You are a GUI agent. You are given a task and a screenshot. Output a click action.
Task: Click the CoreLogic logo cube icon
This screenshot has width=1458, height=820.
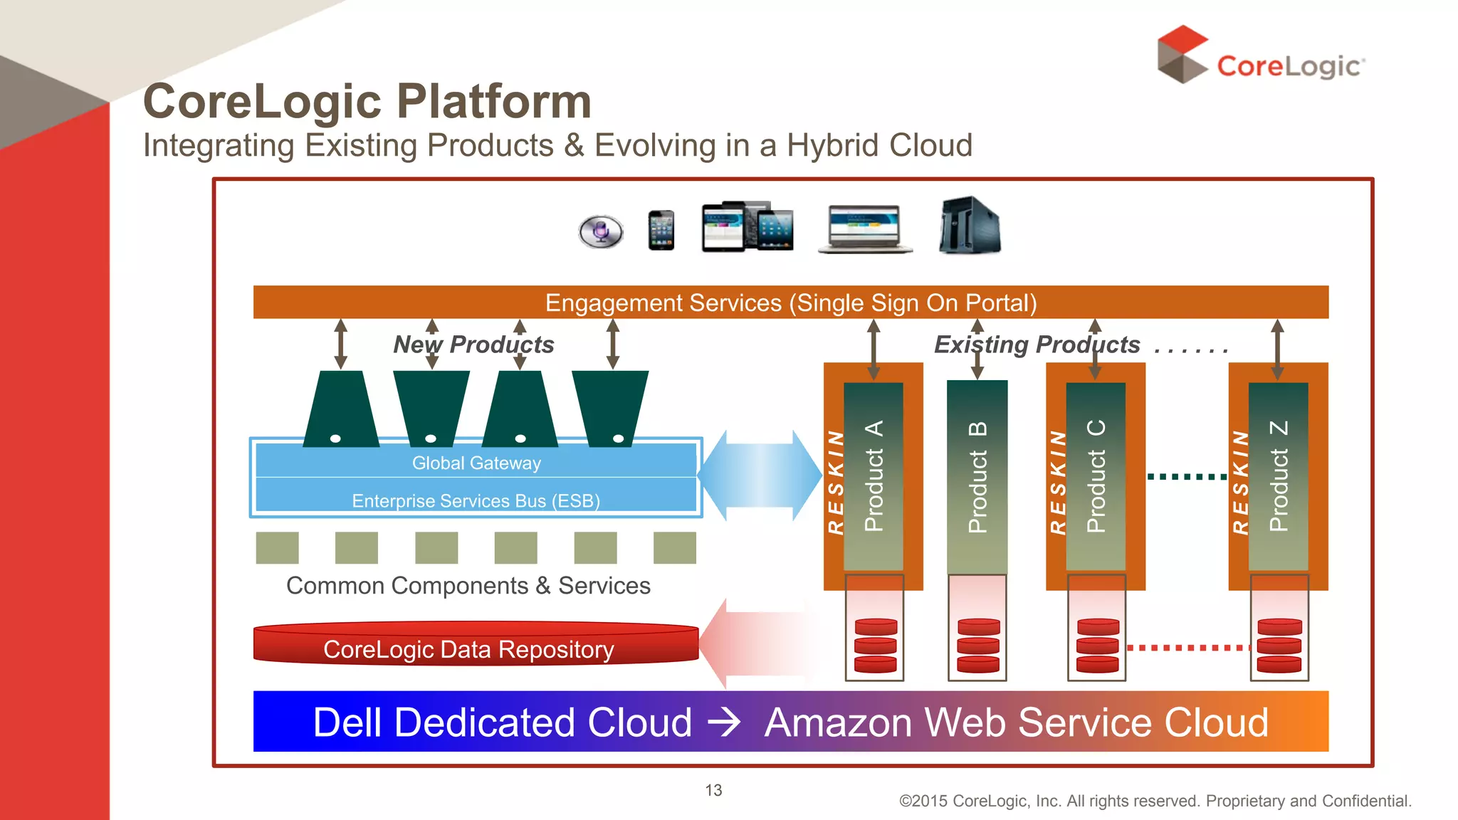[x=1181, y=54]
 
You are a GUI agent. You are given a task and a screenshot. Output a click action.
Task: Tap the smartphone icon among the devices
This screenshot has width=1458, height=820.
[x=661, y=231]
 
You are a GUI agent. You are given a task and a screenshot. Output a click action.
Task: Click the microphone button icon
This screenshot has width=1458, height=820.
[x=601, y=231]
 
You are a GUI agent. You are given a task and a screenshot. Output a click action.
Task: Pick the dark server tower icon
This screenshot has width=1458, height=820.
[x=970, y=226]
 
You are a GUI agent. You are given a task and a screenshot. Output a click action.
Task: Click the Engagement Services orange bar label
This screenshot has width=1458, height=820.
[x=790, y=303]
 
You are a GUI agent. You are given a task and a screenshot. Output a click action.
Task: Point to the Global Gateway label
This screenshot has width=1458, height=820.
[x=476, y=463]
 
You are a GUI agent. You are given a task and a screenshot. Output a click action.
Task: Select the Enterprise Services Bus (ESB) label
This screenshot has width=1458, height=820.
[x=476, y=500]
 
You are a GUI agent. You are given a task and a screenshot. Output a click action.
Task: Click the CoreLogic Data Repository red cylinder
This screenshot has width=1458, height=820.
[x=476, y=645]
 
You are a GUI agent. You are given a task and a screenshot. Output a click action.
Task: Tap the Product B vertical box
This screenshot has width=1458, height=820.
[x=977, y=477]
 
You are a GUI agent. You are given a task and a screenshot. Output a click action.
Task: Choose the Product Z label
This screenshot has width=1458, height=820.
[x=1279, y=475]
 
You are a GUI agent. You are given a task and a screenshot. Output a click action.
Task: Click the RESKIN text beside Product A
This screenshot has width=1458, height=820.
[x=835, y=482]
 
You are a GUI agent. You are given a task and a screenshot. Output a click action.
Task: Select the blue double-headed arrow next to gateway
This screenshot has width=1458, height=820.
[x=760, y=475]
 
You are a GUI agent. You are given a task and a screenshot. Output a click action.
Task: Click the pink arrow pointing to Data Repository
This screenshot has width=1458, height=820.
[x=755, y=643]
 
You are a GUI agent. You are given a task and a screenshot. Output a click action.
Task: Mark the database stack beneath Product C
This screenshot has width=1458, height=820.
[x=1097, y=645]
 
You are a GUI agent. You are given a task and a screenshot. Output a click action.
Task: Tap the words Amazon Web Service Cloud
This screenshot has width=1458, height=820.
[x=1016, y=722]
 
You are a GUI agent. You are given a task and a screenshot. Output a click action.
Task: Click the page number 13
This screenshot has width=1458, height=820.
[x=713, y=790]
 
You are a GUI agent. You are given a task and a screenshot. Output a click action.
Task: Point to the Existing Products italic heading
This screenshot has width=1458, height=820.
[x=1037, y=345]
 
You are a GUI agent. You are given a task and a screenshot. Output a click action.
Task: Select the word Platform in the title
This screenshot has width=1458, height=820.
[x=493, y=101]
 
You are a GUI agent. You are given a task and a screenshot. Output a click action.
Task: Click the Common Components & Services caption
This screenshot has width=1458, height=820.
[x=468, y=585]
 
